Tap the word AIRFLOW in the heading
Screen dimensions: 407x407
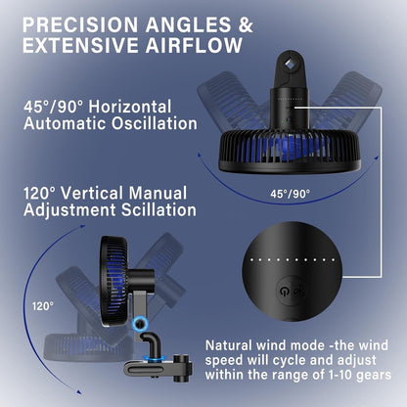pyautogui.click(x=194, y=45)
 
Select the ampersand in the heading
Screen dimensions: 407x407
pyautogui.click(x=246, y=24)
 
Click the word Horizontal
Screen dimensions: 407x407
pyautogui.click(x=130, y=107)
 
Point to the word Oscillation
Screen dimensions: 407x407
pyautogui.click(x=155, y=123)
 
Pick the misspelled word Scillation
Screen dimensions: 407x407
pyautogui.click(x=158, y=209)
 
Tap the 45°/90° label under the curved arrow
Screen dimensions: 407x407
pyautogui.click(x=290, y=194)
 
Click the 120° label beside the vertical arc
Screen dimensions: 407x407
pyautogui.click(x=43, y=306)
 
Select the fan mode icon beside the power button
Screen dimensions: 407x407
pyautogui.click(x=299, y=291)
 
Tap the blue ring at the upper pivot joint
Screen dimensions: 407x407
pyautogui.click(x=140, y=323)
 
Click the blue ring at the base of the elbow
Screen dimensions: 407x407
pyautogui.click(x=154, y=359)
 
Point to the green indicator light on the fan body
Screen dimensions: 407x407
pyautogui.click(x=282, y=122)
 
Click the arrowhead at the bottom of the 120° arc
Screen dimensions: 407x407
pyautogui.click(x=78, y=391)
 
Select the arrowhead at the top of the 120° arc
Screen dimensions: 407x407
pyautogui.click(x=83, y=226)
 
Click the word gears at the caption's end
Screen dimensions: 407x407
pyautogui.click(x=374, y=376)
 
